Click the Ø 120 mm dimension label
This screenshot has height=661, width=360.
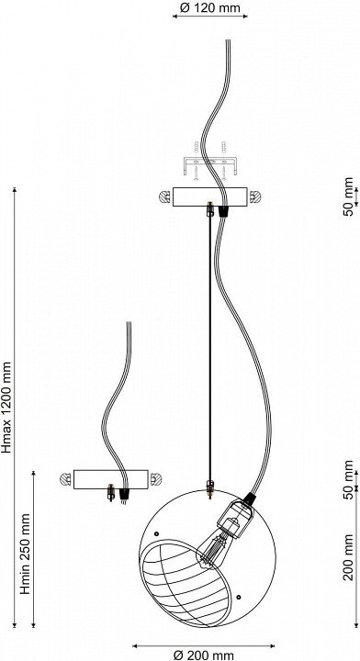click(209, 7)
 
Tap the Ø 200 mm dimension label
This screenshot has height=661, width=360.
click(204, 655)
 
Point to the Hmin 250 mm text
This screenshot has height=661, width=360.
click(26, 553)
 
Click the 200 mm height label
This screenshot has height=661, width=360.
click(348, 557)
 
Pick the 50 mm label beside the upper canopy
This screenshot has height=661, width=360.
click(348, 196)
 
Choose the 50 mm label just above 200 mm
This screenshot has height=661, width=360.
click(348, 479)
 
